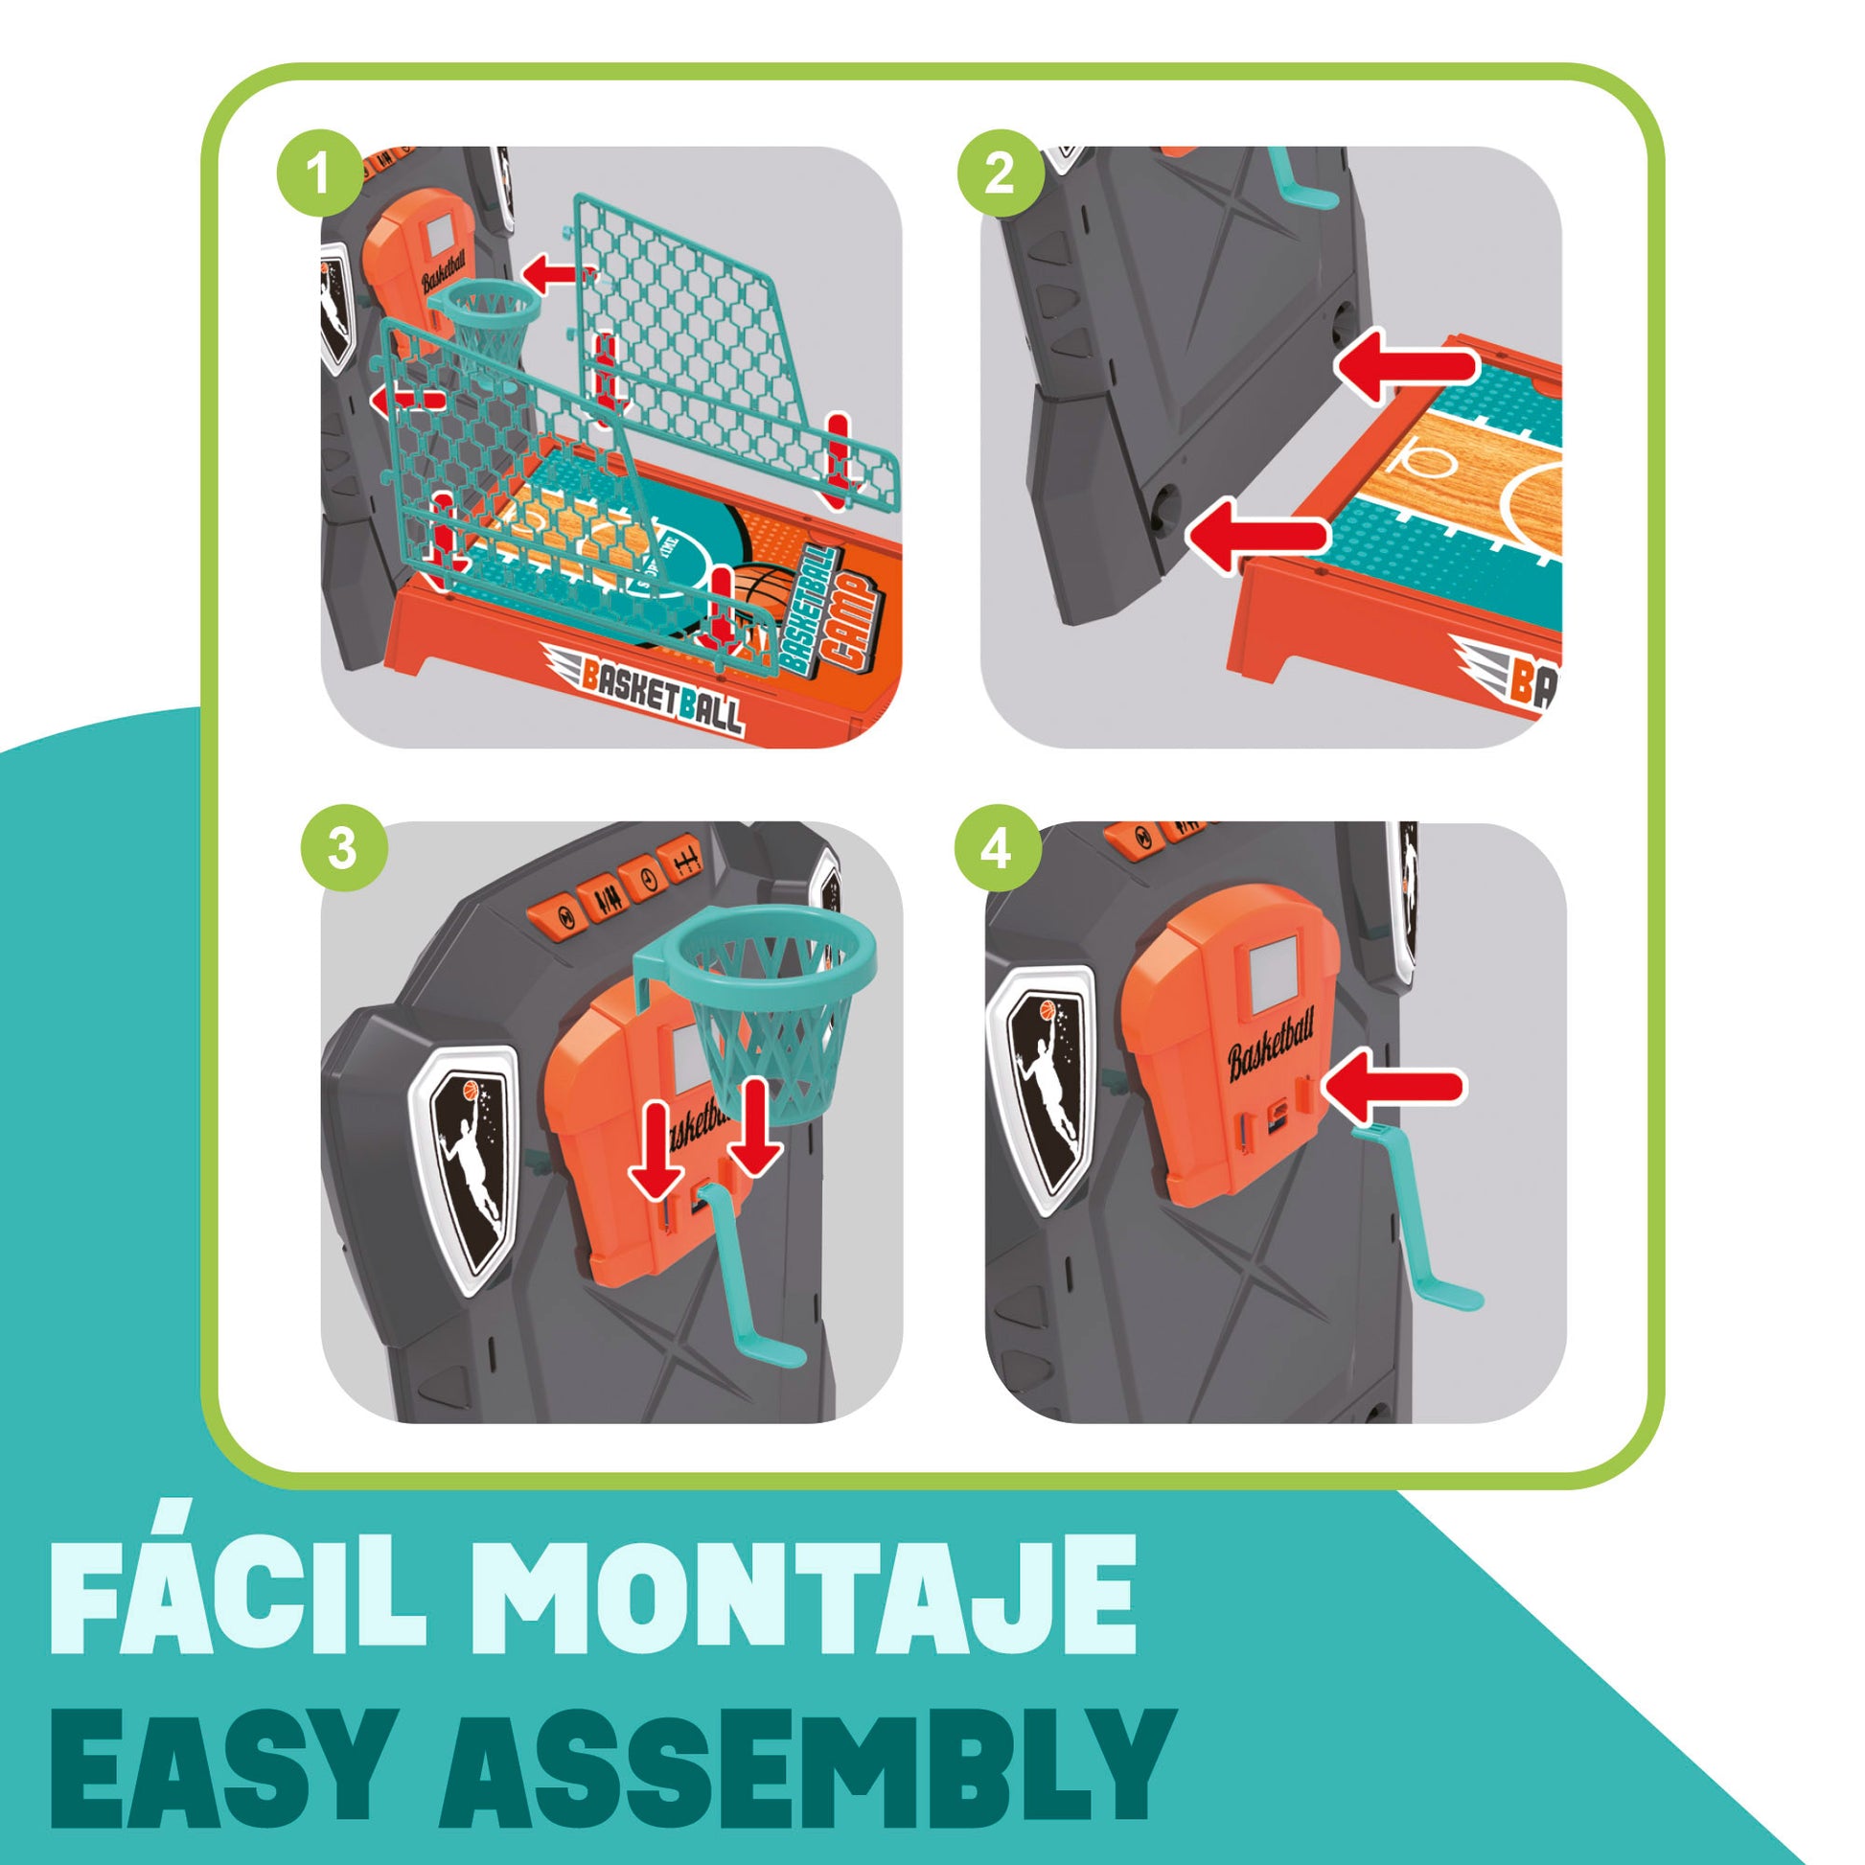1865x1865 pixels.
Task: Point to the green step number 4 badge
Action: pyautogui.click(x=997, y=848)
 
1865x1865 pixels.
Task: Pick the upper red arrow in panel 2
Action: pyautogui.click(x=1407, y=366)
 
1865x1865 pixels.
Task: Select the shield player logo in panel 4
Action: pyautogui.click(x=1043, y=1091)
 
